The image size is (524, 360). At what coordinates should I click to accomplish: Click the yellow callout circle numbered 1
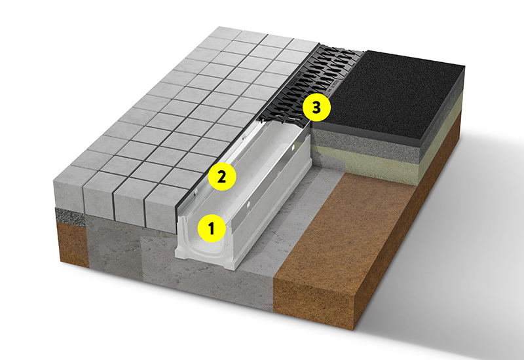pyautogui.click(x=212, y=228)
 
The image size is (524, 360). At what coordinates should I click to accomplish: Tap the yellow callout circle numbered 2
pyautogui.click(x=222, y=176)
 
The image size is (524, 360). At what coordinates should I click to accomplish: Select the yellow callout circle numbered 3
pyautogui.click(x=316, y=107)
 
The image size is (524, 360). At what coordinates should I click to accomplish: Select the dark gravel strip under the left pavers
pyautogui.click(x=71, y=217)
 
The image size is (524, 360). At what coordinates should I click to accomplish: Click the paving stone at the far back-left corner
pyautogui.click(x=225, y=33)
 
